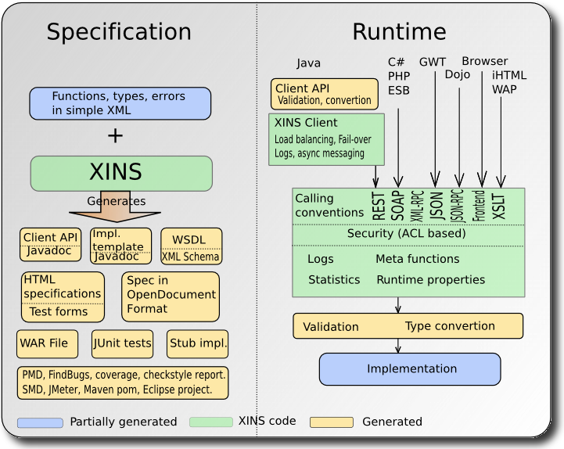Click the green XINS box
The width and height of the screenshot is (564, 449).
tap(121, 173)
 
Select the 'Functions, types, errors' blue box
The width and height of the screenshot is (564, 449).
tap(120, 103)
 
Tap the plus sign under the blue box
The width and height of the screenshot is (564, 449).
tap(115, 135)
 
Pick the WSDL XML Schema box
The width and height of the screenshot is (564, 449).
tap(191, 246)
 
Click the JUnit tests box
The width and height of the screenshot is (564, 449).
tap(122, 343)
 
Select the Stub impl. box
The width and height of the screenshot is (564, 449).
tap(198, 343)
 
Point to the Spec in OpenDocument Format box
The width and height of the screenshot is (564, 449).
tap(171, 296)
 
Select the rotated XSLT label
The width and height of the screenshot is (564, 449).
tap(500, 205)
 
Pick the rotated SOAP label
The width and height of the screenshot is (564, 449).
tap(397, 205)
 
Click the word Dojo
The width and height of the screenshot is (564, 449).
tap(458, 75)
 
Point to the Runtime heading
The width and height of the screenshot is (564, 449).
tap(399, 31)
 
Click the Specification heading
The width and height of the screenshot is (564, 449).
tap(118, 31)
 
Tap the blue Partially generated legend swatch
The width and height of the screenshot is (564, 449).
tap(40, 422)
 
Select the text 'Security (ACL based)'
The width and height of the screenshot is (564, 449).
tap(406, 234)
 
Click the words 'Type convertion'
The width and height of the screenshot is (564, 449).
tap(450, 326)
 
